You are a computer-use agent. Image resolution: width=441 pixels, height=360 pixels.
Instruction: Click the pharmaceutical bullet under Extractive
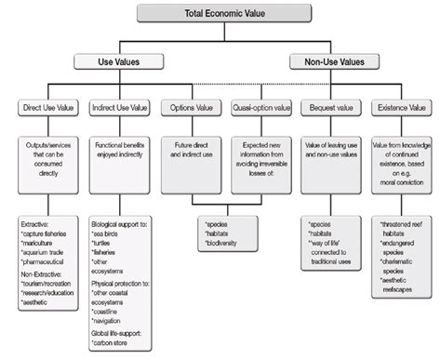pyautogui.click(x=47, y=263)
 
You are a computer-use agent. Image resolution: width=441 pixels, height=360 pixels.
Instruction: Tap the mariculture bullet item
pyautogui.click(x=43, y=243)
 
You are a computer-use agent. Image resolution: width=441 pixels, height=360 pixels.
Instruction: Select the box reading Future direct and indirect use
pyautogui.click(x=192, y=151)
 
